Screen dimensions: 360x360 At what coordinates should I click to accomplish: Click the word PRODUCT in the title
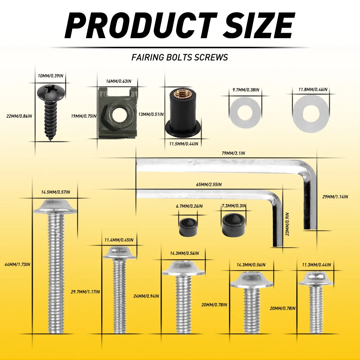(x=141, y=26)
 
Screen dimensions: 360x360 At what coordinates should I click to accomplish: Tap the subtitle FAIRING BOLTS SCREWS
(x=180, y=57)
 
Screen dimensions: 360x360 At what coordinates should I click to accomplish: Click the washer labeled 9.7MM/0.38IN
(x=245, y=113)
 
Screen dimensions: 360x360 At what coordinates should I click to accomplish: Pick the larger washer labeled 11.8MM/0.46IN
(x=311, y=114)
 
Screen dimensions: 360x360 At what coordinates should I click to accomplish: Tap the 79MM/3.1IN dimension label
(x=233, y=153)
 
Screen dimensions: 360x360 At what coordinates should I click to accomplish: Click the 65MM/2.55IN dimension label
(x=209, y=185)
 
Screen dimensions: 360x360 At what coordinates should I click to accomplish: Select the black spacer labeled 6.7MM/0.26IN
(x=188, y=227)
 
